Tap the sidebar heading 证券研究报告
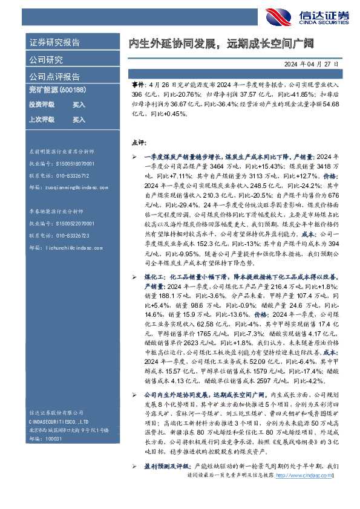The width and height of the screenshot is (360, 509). [54, 43]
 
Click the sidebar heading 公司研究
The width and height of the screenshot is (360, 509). [46, 60]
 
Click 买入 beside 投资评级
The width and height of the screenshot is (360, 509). [79, 105]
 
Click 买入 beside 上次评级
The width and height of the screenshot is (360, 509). [79, 120]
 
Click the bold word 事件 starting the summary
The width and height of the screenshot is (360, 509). [138, 87]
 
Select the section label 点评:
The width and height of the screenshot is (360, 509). [139, 143]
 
